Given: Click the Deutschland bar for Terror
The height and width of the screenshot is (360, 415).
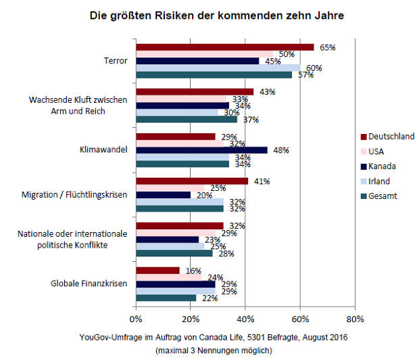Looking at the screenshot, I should point(224,47).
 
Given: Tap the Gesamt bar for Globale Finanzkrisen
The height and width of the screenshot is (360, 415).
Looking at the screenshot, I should point(166,298).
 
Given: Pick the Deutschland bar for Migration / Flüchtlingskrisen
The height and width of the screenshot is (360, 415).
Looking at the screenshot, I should point(192,181).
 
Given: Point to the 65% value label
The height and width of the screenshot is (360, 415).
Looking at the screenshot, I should point(328,47).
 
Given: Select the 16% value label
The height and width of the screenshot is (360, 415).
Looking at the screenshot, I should point(194,271).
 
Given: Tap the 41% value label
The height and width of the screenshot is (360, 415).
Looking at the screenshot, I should point(262,181).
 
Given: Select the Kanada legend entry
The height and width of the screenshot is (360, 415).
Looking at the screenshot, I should point(383,166).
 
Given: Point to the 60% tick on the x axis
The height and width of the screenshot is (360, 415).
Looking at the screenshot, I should point(300,318).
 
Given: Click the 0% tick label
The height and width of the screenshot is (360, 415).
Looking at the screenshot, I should point(136,318).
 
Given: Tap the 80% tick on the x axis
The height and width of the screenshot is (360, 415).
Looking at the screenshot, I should point(354,318).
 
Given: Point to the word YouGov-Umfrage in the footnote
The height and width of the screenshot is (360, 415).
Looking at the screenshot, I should point(107,337).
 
